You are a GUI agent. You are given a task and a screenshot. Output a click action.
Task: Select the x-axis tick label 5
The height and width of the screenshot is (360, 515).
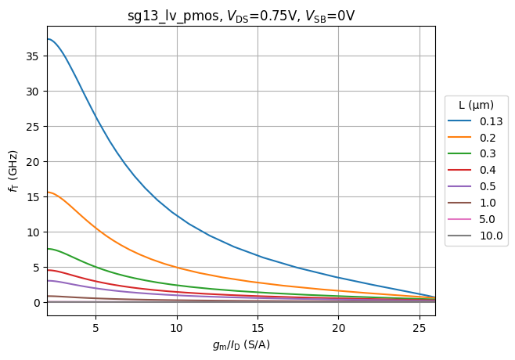pos(95,327)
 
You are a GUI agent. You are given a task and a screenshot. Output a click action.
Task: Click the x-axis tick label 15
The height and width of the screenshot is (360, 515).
pos(257,327)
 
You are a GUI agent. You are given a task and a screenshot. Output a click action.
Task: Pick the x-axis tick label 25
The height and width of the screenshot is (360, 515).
pos(420,327)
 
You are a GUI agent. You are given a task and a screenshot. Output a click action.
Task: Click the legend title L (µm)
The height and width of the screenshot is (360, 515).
pos(475,105)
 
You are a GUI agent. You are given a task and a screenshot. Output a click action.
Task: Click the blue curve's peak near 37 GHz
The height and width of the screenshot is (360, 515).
pos(48,39)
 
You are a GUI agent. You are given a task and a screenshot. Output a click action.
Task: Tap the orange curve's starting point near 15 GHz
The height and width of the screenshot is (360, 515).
pos(48,192)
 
